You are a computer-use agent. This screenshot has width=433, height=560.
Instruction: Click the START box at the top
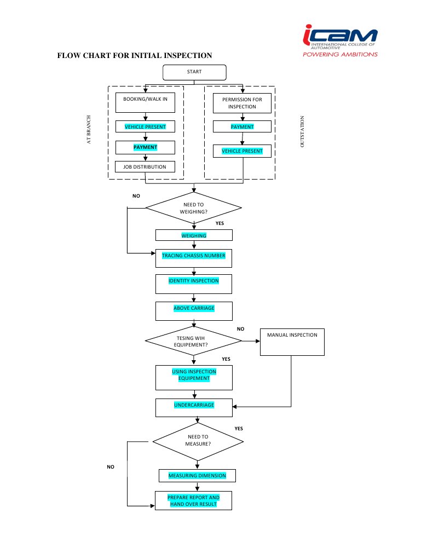[194, 72]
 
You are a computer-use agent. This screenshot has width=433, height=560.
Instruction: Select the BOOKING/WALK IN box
[145, 102]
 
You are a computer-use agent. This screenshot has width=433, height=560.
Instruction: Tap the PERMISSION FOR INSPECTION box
[242, 103]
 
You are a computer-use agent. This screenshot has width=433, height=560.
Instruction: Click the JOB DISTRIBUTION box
[145, 166]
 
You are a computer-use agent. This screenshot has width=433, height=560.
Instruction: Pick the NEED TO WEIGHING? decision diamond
[193, 208]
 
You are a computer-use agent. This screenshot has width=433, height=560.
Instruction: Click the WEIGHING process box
[194, 235]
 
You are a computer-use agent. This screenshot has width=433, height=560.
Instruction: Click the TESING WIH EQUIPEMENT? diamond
[193, 341]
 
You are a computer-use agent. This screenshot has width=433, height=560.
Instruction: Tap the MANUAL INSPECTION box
[292, 342]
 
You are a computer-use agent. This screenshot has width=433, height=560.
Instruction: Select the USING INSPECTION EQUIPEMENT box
[194, 377]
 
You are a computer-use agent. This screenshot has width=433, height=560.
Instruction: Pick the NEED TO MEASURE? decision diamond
[198, 440]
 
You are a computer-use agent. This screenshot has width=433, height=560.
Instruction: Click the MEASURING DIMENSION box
[197, 475]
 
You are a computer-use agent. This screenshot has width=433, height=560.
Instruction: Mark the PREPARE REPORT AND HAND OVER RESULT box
[193, 500]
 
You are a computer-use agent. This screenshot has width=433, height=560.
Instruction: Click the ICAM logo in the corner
[340, 41]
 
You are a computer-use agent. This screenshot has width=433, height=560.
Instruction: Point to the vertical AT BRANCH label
[89, 130]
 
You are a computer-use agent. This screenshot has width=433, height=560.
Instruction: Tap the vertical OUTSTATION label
[302, 131]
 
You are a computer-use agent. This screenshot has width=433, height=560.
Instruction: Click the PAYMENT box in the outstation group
[242, 126]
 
